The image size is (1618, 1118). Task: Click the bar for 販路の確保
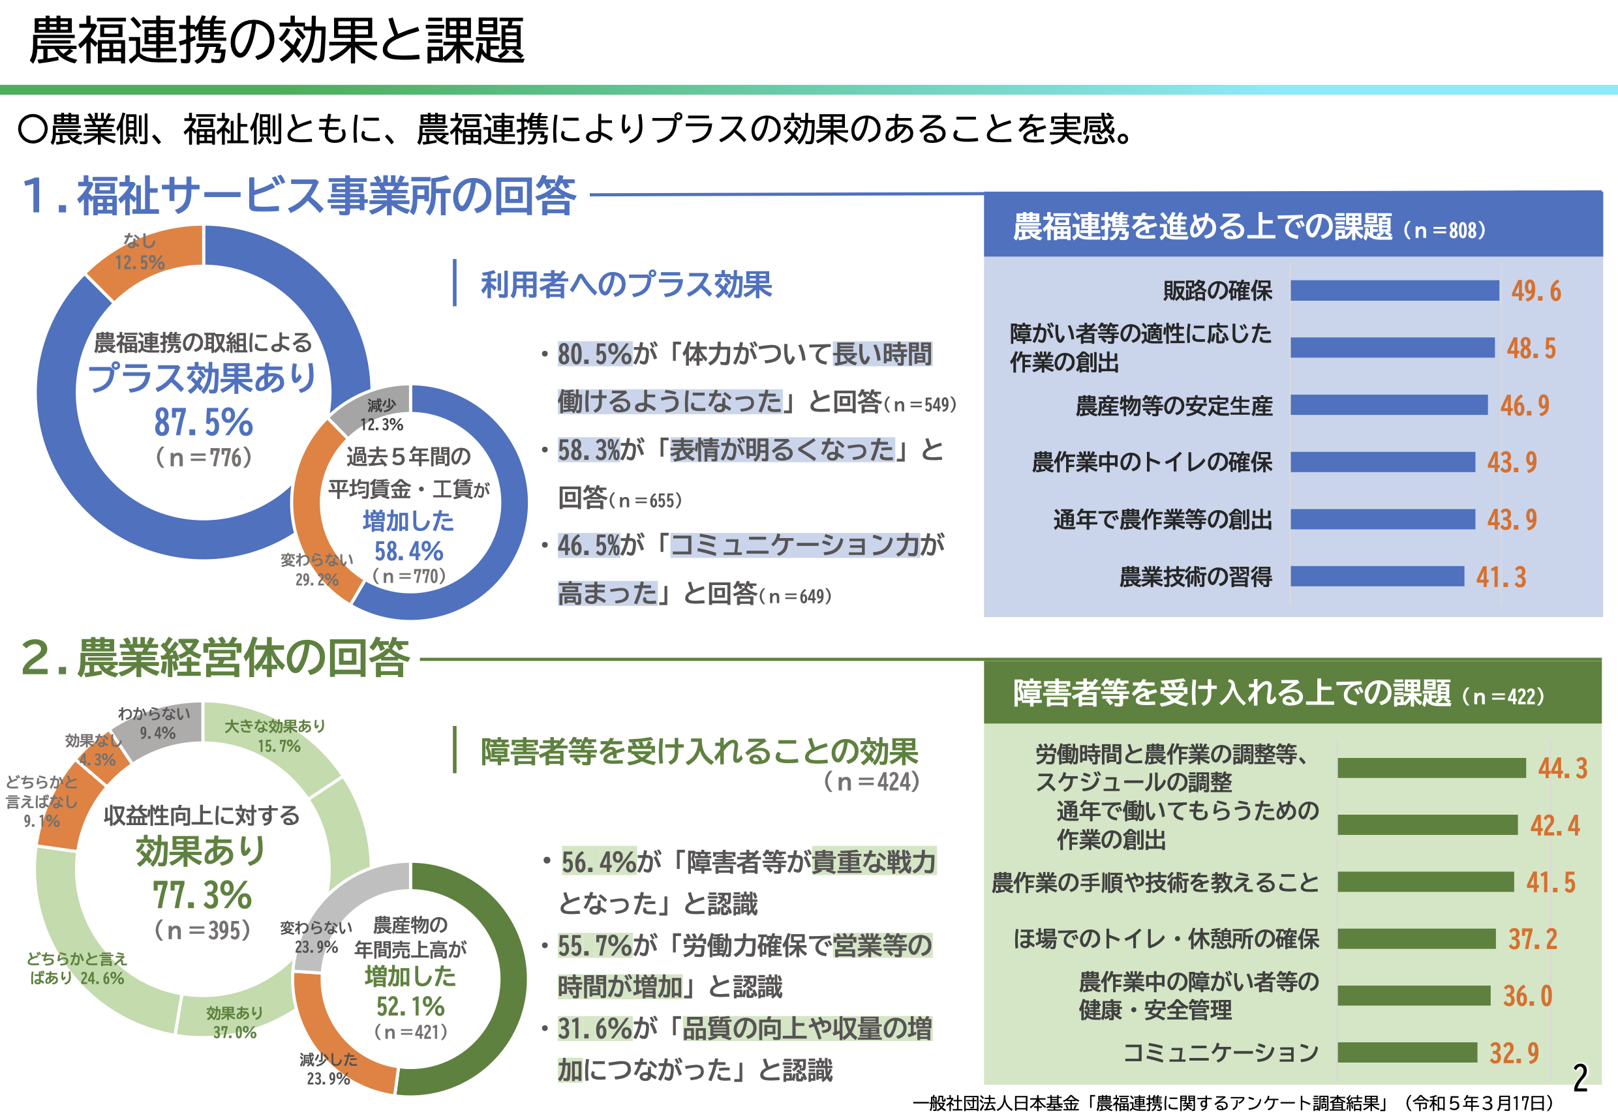[1394, 290]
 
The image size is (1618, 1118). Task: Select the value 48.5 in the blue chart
[1531, 348]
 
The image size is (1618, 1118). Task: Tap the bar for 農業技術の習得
[1377, 577]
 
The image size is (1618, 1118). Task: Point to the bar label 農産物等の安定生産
[1174, 406]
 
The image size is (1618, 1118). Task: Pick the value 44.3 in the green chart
[1563, 768]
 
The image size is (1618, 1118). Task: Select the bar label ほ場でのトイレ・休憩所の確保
[1166, 939]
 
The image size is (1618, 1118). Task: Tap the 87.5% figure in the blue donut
[203, 422]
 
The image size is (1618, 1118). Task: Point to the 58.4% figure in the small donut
[408, 551]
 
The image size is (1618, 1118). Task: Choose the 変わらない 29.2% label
[316, 569]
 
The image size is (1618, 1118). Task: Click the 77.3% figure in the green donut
[202, 894]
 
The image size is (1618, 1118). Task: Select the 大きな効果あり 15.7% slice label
[275, 736]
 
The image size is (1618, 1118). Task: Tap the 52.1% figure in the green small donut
[410, 1006]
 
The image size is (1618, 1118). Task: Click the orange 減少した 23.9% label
[328, 1069]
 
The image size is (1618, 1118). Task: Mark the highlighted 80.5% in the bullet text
[595, 354]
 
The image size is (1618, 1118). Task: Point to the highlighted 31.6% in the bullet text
[595, 1029]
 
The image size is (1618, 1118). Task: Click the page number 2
[1580, 1078]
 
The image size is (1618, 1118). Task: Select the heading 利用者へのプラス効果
[626, 284]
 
